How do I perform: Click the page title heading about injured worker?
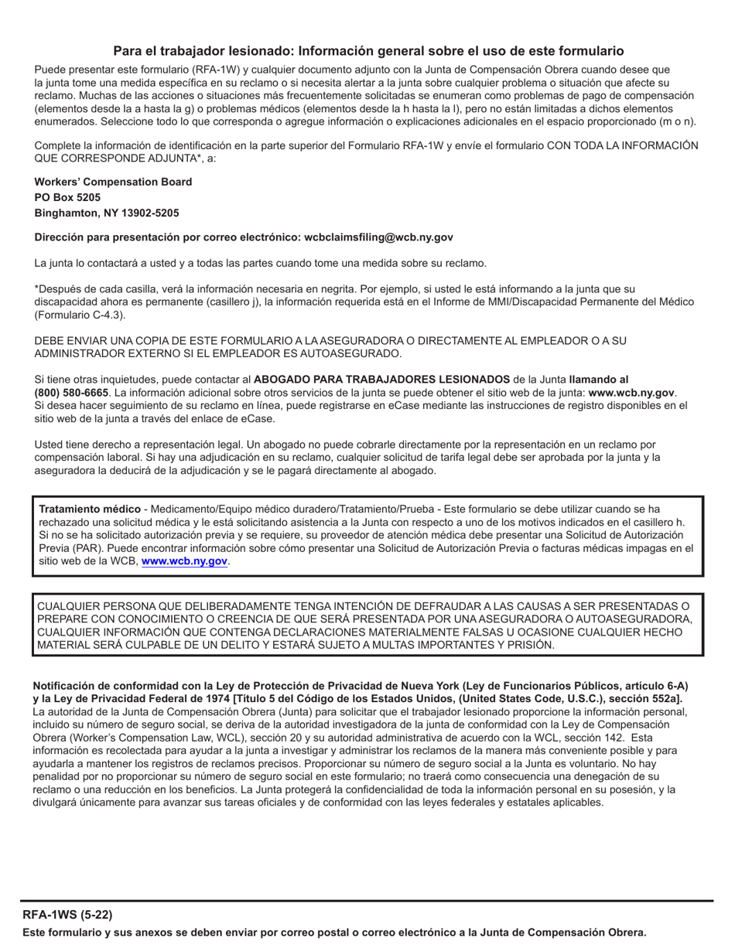click(x=368, y=51)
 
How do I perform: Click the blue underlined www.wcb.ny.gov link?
click(x=184, y=561)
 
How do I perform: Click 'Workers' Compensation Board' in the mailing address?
click(x=113, y=182)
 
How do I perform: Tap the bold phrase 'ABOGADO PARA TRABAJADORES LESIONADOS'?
click(x=381, y=380)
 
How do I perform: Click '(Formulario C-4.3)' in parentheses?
click(x=80, y=315)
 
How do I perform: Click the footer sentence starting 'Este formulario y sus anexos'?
click(x=334, y=932)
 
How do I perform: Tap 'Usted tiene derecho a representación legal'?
click(x=138, y=444)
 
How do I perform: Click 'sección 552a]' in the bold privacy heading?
click(x=648, y=698)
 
